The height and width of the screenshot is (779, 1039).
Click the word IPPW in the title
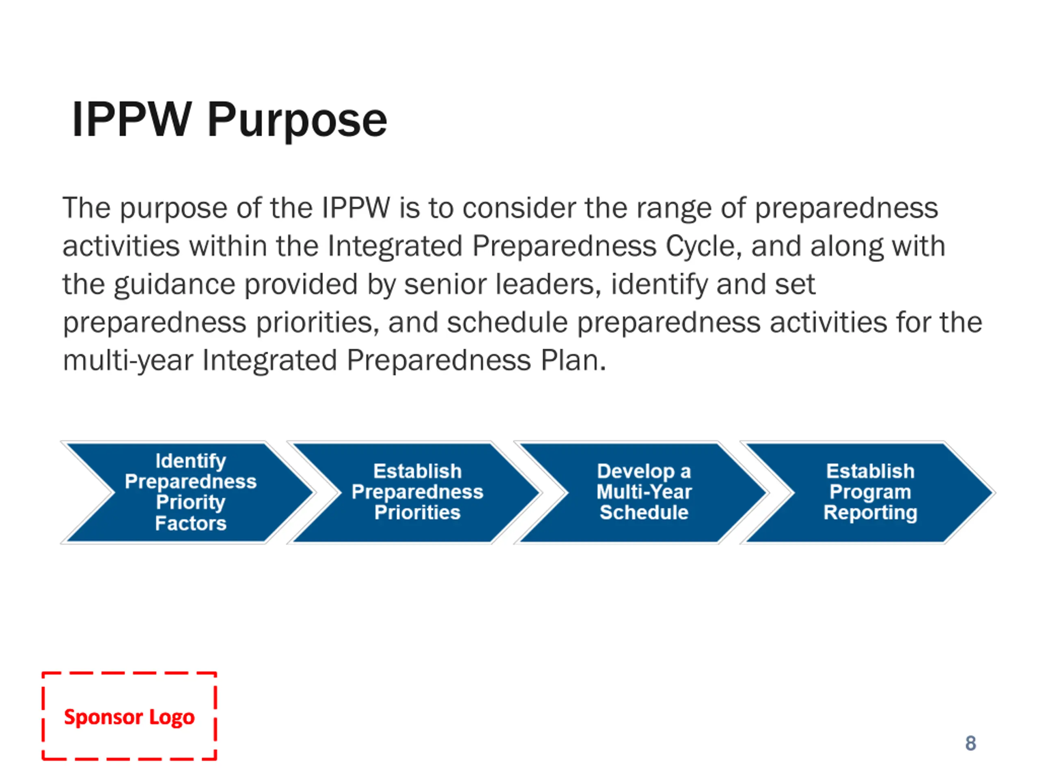coord(131,120)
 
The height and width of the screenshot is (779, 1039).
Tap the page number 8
coord(970,743)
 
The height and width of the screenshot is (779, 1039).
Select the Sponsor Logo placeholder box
coord(129,716)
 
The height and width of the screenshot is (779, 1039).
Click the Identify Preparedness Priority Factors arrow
coord(190,492)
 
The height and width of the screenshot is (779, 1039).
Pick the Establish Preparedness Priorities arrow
coord(417,492)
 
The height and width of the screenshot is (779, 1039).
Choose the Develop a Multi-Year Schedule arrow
coord(644,492)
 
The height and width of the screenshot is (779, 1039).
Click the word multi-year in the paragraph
coord(128,361)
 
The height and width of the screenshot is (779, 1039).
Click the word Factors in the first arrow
coord(191,523)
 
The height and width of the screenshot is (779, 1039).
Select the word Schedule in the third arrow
coord(644,512)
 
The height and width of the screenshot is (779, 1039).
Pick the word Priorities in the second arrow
coord(417,512)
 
